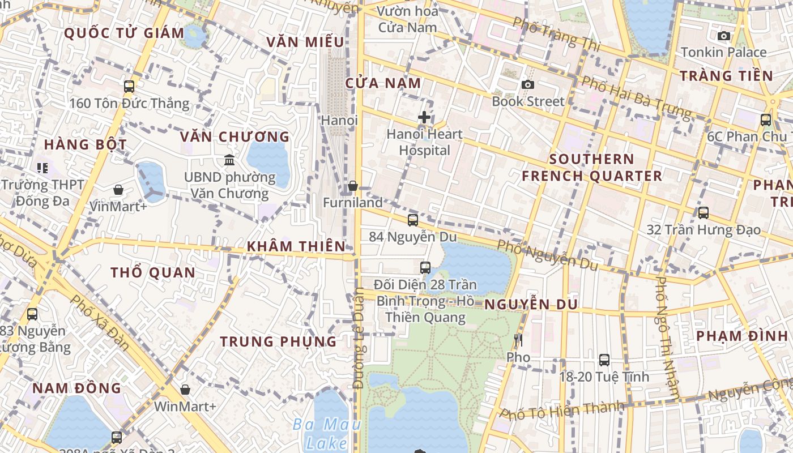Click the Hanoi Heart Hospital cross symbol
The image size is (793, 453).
tap(424, 117)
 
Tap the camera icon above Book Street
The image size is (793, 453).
tap(528, 84)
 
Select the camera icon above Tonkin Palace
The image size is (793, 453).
tap(724, 36)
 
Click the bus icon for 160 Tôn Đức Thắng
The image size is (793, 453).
tap(129, 86)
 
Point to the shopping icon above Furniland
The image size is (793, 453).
tap(352, 185)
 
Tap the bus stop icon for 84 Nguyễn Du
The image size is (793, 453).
tap(413, 220)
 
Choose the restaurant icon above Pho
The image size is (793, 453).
tap(518, 340)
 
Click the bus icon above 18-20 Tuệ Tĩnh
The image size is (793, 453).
tap(604, 360)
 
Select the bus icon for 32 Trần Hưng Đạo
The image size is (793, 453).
tap(704, 212)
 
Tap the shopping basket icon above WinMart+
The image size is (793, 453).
tap(185, 390)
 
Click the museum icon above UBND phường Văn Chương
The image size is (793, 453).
tap(229, 160)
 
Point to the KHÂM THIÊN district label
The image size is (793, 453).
tap(296, 246)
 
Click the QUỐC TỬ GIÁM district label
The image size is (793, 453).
tap(124, 33)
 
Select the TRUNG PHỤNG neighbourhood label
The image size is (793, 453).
tap(278, 341)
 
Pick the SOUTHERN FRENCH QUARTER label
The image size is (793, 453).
tap(592, 168)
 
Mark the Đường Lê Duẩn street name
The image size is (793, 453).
tap(358, 338)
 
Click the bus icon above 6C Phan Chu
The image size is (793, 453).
tap(766, 119)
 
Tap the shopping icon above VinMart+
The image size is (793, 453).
tap(118, 189)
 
